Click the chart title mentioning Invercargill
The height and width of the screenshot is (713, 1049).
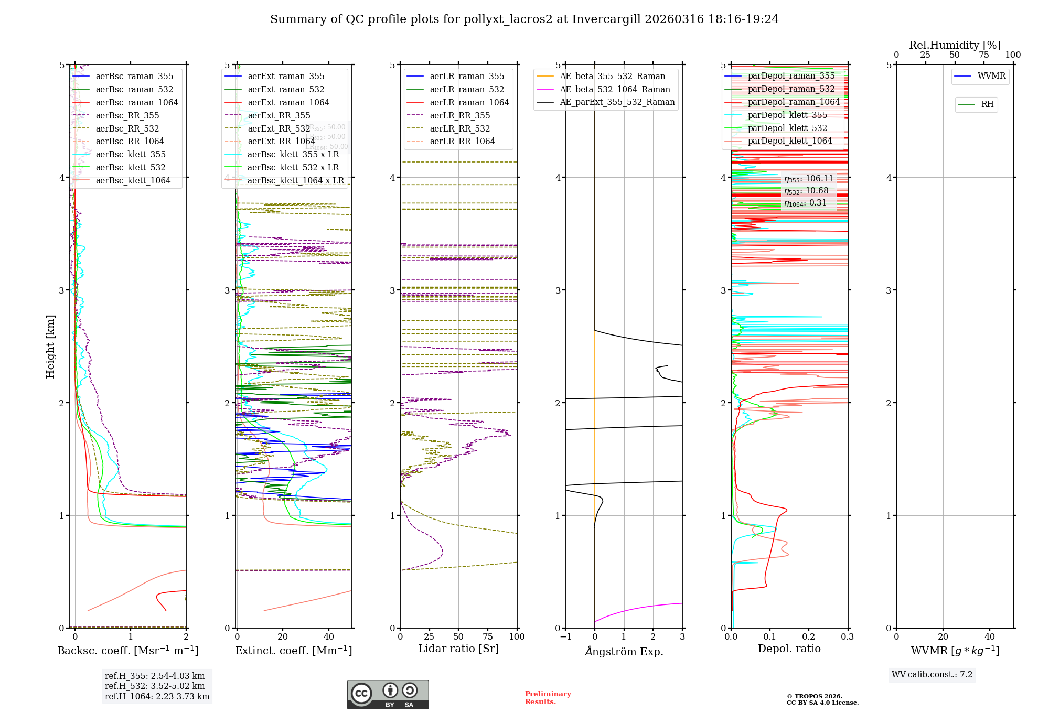point(524,19)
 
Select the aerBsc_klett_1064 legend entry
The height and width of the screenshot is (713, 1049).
point(133,180)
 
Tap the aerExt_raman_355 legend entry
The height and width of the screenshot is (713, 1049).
point(286,77)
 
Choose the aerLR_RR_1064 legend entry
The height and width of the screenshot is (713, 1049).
point(462,142)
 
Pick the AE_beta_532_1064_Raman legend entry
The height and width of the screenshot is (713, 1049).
point(615,90)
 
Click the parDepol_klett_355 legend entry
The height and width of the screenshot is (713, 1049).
point(787,115)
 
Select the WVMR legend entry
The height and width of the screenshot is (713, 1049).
point(991,76)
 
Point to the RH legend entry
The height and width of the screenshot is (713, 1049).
point(987,104)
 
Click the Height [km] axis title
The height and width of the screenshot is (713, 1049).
point(50,346)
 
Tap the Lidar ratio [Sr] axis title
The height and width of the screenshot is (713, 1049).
point(458,649)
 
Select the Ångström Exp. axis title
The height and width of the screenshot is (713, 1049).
point(624,651)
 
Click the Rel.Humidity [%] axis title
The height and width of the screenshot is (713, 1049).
point(955,45)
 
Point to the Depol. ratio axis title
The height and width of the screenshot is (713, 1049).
point(789,649)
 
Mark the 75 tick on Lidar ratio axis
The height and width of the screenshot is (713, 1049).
point(488,636)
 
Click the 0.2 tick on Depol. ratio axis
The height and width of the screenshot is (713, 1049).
point(809,636)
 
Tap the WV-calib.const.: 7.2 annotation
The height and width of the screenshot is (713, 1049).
point(932,674)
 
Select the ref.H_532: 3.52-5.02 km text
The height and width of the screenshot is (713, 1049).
point(155,686)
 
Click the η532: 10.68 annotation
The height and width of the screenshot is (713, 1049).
point(806,191)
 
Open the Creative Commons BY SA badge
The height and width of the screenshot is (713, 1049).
point(388,694)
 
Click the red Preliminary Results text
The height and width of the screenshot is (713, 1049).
point(548,697)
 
